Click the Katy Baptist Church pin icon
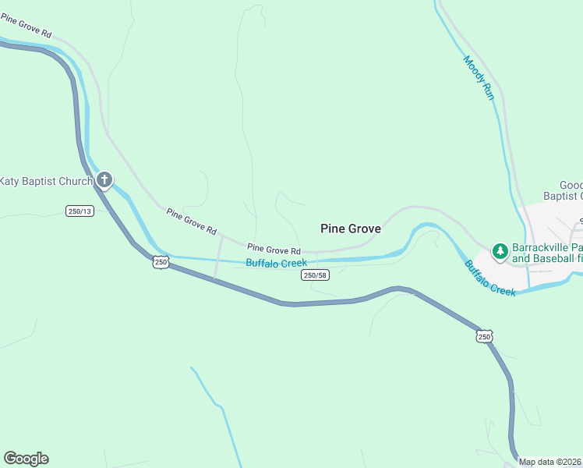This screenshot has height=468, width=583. (104, 181)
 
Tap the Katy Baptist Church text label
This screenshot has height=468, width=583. (45, 181)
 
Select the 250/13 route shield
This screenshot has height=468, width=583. (79, 211)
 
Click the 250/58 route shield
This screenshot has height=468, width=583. (314, 275)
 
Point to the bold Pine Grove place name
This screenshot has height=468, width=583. (351, 229)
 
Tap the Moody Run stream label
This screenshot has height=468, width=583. (479, 76)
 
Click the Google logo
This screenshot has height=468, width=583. (26, 459)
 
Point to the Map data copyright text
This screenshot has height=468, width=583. (550, 462)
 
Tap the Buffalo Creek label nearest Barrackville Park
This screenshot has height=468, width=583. (490, 278)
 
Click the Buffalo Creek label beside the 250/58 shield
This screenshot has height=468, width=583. (276, 263)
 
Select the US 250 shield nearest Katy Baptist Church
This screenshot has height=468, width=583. (160, 262)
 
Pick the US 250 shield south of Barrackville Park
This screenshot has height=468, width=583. (484, 336)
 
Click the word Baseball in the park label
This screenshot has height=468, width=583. (553, 257)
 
